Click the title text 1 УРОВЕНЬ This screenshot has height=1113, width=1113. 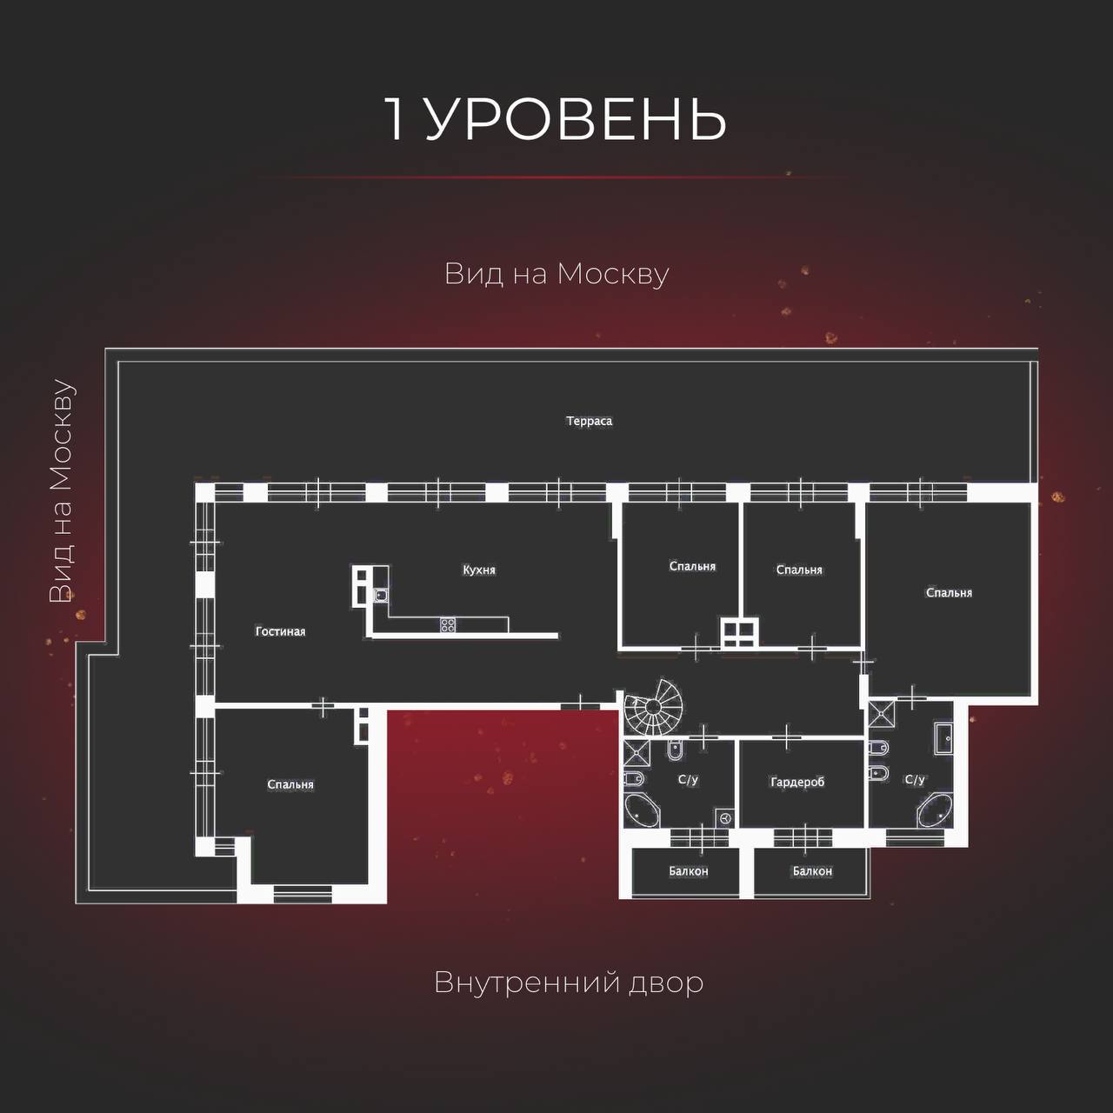(x=556, y=118)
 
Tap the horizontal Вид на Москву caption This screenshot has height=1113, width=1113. (x=556, y=274)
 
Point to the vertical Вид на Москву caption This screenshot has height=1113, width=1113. (x=62, y=491)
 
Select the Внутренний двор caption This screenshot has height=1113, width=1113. (x=569, y=982)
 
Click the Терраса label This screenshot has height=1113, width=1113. (x=590, y=421)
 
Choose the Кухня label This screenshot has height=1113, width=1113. (x=479, y=570)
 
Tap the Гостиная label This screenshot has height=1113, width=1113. (x=280, y=631)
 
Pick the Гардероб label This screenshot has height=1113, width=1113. (x=797, y=782)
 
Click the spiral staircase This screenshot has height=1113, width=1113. (x=653, y=708)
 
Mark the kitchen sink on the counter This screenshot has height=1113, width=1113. (x=380, y=595)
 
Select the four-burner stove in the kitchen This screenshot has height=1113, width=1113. (x=448, y=624)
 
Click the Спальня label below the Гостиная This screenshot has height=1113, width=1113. (x=290, y=784)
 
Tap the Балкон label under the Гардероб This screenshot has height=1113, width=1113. (x=812, y=871)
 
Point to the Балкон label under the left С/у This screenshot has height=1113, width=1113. (x=689, y=871)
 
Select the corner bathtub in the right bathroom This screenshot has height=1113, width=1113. (x=935, y=810)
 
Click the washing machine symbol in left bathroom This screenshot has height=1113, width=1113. (x=725, y=818)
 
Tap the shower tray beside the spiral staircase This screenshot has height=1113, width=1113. (x=637, y=753)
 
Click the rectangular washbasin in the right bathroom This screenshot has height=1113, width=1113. (x=943, y=738)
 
